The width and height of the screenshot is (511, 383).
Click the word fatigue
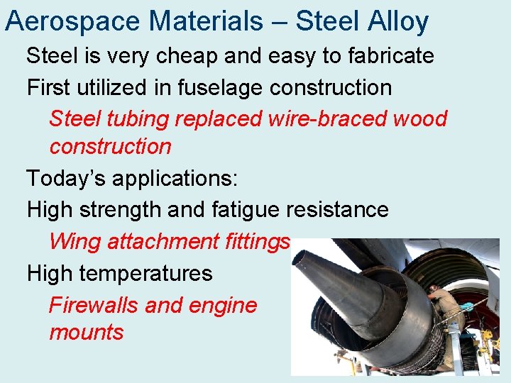point(246,209)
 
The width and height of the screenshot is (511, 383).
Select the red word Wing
point(75,241)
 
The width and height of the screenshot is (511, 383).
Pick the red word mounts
point(86,332)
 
